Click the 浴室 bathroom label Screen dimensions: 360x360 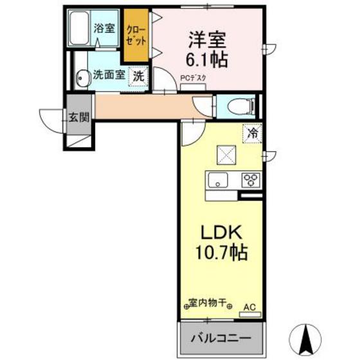(x=104, y=28)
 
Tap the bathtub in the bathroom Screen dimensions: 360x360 (x=81, y=28)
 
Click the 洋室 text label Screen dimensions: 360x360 (x=206, y=39)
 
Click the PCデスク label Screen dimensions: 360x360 (x=191, y=80)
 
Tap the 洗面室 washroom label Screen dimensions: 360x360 (x=108, y=75)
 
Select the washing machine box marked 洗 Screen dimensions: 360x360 (x=139, y=75)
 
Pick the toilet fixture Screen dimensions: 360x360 (x=238, y=106)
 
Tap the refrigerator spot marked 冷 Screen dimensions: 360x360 (x=253, y=134)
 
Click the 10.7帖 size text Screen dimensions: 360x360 (x=220, y=251)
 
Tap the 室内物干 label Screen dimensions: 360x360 (x=207, y=302)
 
